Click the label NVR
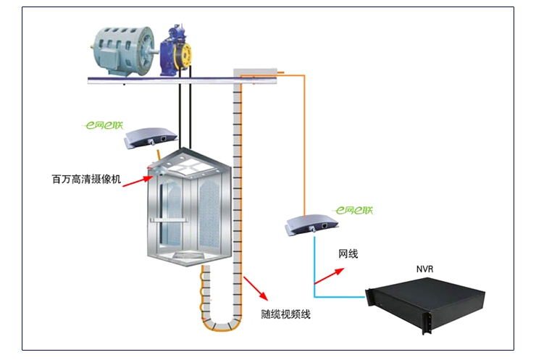[x=424, y=269]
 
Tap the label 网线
[x=348, y=254]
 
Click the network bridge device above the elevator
[x=150, y=138]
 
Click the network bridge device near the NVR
[x=312, y=225]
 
